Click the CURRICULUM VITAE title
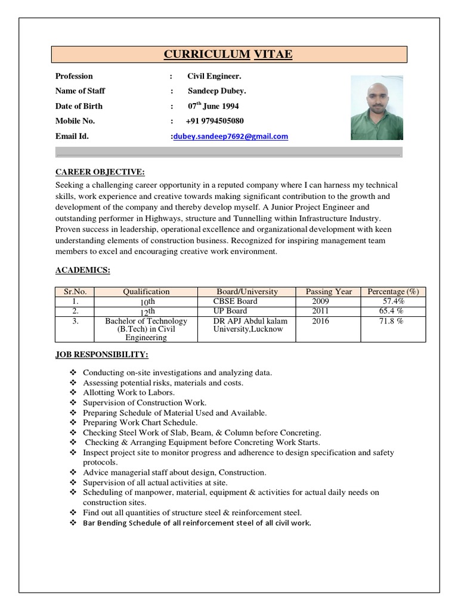228,55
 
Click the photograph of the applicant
376,107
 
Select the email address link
231,136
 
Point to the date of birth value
213,106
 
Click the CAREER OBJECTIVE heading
100,172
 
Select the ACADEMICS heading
83,270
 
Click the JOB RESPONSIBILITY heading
102,354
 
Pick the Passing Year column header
329,292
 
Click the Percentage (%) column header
393,292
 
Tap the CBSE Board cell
236,301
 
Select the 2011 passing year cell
320,311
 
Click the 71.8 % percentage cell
392,321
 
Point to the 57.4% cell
393,301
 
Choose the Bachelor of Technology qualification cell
146,329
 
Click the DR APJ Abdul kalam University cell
250,325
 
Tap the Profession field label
74,76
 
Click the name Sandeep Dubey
217,91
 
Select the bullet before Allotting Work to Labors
73,393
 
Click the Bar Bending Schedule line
197,523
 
